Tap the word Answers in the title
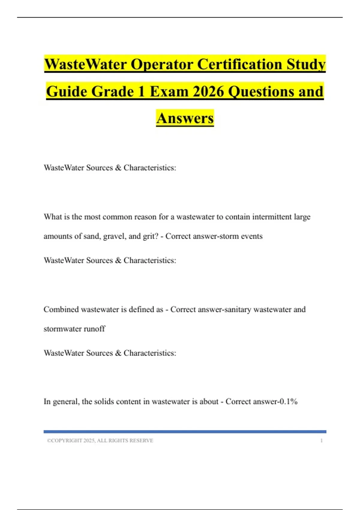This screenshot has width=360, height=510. point(185,118)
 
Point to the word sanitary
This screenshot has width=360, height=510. point(236,310)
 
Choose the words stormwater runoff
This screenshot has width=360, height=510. point(74,329)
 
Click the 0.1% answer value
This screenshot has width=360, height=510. point(288,401)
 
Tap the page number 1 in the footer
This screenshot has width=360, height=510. point(321,441)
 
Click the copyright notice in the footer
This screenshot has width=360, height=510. point(100,441)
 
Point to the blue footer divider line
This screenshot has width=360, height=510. point(185,432)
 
